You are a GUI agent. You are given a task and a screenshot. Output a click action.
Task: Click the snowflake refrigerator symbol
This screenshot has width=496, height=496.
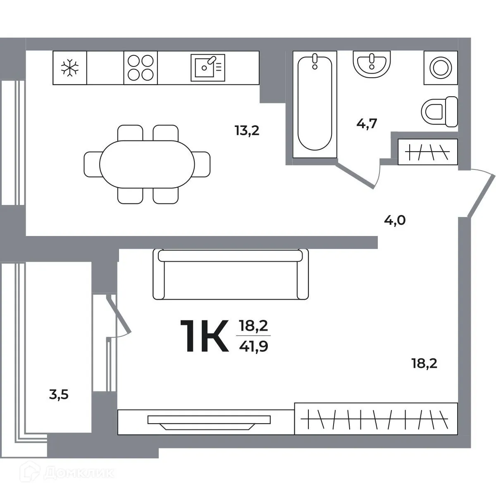[x=69, y=68]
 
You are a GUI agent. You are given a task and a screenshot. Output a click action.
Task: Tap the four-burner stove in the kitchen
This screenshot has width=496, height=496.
[x=141, y=68]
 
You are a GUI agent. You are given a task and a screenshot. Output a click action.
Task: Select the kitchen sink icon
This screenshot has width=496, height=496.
[x=208, y=67]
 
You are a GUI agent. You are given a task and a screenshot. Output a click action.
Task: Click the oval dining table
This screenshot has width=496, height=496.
[x=147, y=165]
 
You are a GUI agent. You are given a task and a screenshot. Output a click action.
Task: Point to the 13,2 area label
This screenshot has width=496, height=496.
[x=247, y=131]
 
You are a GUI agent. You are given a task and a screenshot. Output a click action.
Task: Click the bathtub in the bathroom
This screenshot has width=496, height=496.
[x=315, y=104]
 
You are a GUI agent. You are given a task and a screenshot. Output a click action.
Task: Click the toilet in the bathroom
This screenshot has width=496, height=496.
[x=439, y=111]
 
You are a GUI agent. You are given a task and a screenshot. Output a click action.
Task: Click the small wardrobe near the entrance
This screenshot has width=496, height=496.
[x=428, y=152]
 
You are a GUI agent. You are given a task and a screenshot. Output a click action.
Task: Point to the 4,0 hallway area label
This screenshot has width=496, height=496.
[x=395, y=220]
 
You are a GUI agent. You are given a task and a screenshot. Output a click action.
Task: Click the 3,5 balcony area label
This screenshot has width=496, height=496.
[x=59, y=395]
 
